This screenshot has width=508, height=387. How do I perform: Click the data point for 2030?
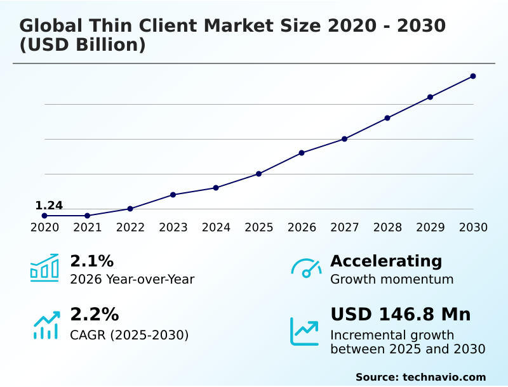(473, 76)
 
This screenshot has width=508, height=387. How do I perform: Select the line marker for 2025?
(258, 174)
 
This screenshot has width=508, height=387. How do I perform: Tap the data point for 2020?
(44, 216)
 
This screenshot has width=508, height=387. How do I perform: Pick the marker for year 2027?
(344, 139)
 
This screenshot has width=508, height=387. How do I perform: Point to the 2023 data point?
(173, 195)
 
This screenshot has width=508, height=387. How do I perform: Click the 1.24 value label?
(49, 206)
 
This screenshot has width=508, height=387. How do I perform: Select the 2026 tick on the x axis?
(302, 228)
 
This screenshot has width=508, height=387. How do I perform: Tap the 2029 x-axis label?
(430, 228)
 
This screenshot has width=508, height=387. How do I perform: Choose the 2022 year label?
(130, 228)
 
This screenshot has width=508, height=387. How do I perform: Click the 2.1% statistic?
(91, 261)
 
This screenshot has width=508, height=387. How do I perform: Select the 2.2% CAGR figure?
(94, 315)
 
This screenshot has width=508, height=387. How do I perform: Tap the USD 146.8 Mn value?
(400, 315)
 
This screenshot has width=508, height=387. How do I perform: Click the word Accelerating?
(386, 261)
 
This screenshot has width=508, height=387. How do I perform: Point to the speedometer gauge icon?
(305, 268)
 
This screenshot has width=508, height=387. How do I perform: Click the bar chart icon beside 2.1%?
(44, 268)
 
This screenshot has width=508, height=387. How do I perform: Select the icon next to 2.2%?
(46, 325)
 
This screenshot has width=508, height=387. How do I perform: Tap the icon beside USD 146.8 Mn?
(305, 331)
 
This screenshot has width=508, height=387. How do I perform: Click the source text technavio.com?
(444, 377)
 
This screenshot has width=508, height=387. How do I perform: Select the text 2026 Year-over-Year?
(132, 279)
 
